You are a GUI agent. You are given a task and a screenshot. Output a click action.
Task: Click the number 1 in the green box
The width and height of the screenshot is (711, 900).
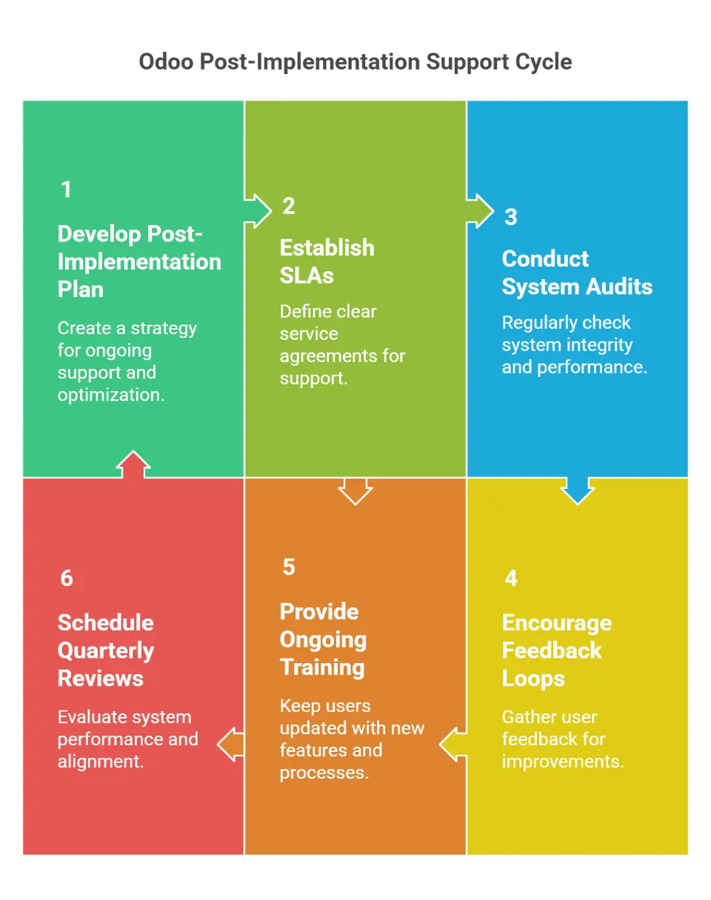click(67, 190)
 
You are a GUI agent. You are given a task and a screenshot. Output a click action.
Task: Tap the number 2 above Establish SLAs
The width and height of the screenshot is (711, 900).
click(289, 206)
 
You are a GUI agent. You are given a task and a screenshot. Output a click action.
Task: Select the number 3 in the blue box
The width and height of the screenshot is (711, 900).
click(511, 217)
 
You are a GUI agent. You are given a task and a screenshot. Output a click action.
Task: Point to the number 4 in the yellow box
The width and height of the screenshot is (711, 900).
click(511, 579)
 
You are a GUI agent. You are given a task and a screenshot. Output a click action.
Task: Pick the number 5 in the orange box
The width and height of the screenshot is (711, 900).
click(289, 567)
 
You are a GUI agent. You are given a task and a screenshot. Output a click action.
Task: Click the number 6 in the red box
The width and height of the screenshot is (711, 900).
click(67, 579)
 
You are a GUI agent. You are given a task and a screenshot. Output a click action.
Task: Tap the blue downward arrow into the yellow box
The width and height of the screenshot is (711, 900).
click(578, 490)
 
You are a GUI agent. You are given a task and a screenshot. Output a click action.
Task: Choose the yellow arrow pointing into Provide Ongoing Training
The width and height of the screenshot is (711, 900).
click(453, 744)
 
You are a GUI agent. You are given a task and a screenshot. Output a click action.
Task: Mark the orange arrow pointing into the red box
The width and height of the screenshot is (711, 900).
click(231, 744)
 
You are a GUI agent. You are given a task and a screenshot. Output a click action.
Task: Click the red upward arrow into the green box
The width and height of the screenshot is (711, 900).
click(133, 464)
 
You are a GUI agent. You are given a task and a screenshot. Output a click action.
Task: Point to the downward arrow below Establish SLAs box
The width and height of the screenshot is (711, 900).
click(355, 490)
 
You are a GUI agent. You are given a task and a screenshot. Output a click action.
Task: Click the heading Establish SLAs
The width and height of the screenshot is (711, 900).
click(327, 261)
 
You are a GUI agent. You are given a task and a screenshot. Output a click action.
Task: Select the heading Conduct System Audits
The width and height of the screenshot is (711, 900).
click(577, 273)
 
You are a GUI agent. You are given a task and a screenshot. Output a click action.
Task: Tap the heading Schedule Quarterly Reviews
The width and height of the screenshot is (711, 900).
click(106, 650)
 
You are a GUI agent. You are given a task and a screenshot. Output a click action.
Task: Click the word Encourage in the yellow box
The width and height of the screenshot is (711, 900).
click(556, 623)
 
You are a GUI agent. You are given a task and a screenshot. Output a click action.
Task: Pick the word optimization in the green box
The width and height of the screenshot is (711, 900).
click(111, 395)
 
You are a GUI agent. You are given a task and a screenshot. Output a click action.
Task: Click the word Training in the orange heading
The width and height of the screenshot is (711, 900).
click(322, 667)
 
